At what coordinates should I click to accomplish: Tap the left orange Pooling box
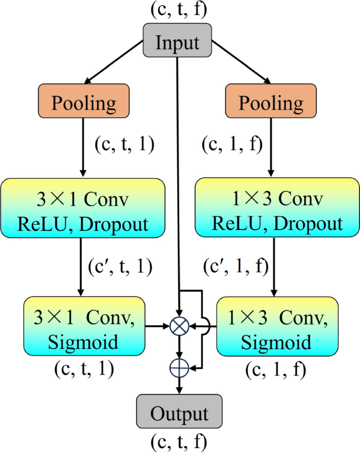(84, 102)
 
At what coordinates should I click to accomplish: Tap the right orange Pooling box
(271, 102)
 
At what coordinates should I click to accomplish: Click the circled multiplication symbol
(180, 327)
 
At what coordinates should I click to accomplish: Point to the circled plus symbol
(180, 367)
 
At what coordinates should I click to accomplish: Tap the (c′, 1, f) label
(236, 267)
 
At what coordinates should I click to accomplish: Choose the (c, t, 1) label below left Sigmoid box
(84, 369)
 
